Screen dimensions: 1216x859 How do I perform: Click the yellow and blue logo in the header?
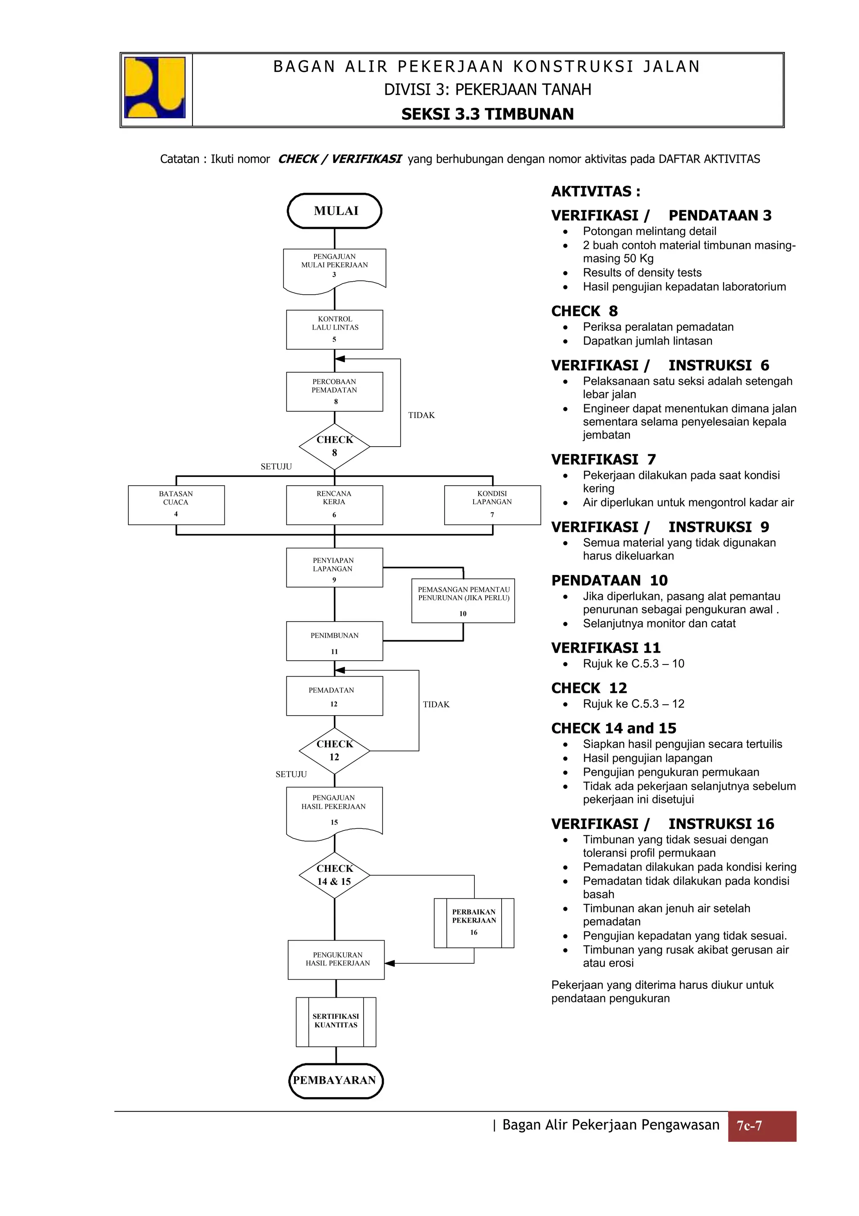point(154,87)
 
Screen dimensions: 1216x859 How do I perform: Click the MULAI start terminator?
point(334,211)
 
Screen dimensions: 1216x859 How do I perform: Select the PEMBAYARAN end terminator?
point(336,1080)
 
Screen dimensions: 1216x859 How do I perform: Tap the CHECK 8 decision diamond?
point(334,447)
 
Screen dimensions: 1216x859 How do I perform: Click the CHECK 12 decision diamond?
point(334,751)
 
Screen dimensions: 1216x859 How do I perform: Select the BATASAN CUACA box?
point(176,505)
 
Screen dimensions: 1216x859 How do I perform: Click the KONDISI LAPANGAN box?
point(492,505)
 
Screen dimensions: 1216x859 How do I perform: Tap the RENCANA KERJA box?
point(334,505)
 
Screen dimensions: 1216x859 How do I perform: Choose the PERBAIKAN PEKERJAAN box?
point(474,923)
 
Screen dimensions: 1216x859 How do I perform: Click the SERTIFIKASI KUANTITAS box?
point(336,1022)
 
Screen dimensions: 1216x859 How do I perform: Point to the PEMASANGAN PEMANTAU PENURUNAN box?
point(463,600)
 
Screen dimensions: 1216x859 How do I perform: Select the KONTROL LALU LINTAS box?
point(334,329)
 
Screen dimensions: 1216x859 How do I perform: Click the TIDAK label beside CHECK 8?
point(421,415)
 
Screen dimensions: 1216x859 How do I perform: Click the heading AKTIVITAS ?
point(596,191)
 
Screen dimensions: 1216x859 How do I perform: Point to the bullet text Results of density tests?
point(642,272)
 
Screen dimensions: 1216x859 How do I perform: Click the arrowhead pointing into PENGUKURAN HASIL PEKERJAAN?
point(390,963)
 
